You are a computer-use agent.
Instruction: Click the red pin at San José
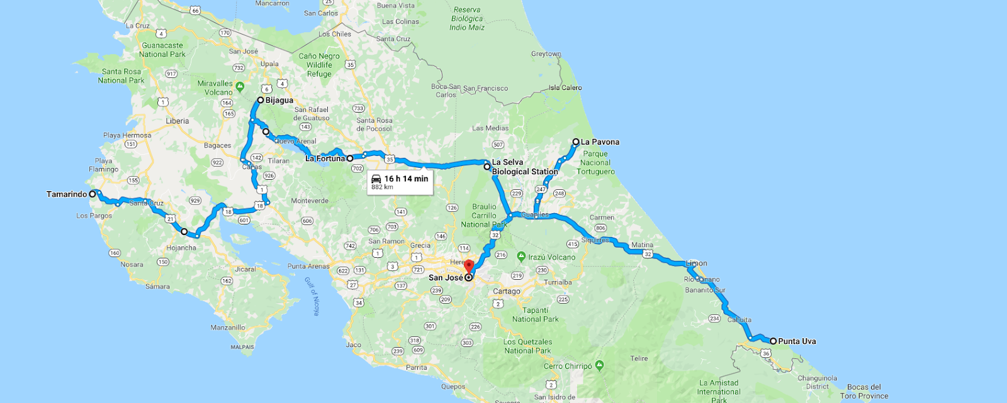[x=468, y=265]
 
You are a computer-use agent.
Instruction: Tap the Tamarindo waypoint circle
[x=93, y=194]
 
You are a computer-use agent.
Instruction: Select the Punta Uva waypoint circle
[x=773, y=341]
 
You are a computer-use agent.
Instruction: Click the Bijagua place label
[x=279, y=101]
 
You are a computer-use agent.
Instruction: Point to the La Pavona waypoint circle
[x=575, y=142]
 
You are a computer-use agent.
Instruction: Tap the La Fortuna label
[x=325, y=158]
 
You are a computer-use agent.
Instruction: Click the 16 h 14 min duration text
[x=406, y=179]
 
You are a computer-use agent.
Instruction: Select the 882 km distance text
[x=382, y=187]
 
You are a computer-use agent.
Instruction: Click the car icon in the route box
[x=376, y=179]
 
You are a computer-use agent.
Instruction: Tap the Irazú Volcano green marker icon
[x=520, y=257]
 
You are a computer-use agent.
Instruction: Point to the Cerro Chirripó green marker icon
[x=599, y=365]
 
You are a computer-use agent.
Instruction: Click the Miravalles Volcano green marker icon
[x=240, y=86]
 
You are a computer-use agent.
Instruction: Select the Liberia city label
[x=177, y=121]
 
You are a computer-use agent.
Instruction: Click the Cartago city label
[x=507, y=292]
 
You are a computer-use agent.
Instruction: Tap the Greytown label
[x=546, y=54]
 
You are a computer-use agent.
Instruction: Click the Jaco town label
[x=353, y=345]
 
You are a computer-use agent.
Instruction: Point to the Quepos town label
[x=453, y=387]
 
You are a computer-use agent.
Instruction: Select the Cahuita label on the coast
[x=740, y=320]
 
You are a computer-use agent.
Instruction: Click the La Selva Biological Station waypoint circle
[x=487, y=167]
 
